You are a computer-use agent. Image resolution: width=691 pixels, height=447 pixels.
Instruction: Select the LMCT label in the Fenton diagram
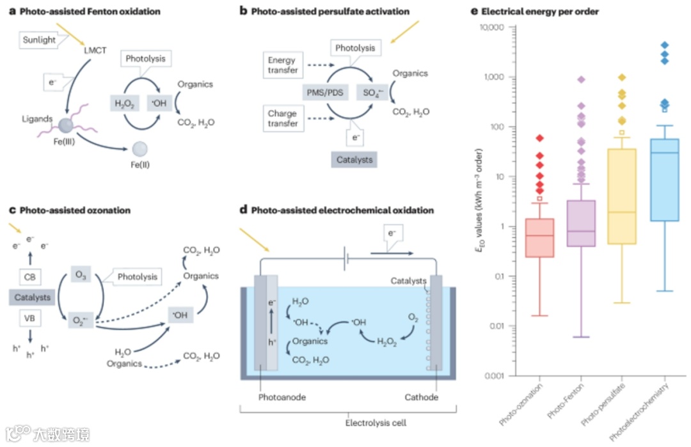pos(97,49)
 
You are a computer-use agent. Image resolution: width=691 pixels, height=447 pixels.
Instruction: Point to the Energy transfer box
pos(282,65)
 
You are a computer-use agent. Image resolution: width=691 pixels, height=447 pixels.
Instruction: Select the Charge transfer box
pos(282,119)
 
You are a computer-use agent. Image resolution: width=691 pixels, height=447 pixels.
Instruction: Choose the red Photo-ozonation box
pos(540,238)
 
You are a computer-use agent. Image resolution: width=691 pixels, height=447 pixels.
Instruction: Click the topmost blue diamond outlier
pos(665,45)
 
